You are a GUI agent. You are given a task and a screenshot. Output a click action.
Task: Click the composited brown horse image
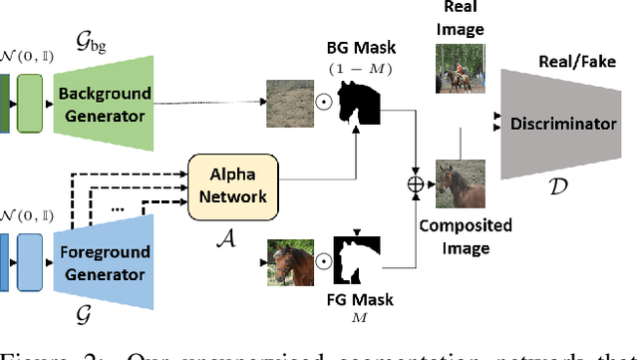tap(462, 183)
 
